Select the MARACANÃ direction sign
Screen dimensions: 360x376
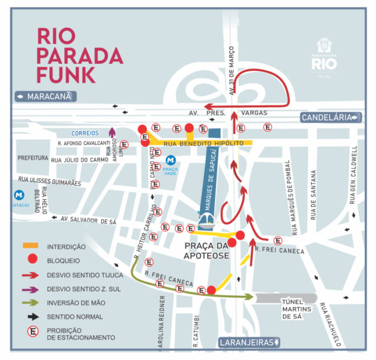coord(46,97)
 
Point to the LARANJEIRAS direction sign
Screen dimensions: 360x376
coord(249,342)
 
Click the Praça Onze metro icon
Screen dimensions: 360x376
coord(171,160)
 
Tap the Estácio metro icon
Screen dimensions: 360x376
coord(20,195)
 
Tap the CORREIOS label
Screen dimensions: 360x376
coord(85,133)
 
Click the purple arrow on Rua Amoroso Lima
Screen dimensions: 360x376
coord(112,132)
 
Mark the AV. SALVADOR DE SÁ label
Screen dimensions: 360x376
coord(89,220)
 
